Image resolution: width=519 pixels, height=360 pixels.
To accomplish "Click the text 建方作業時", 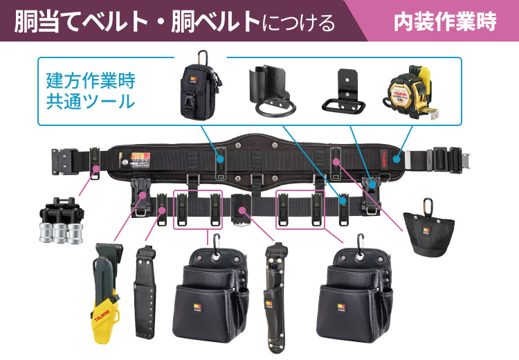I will [x=90, y=80].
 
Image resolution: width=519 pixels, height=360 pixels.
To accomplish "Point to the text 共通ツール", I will [x=90, y=102].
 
